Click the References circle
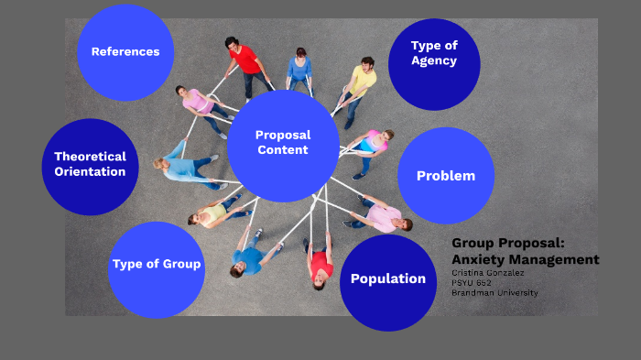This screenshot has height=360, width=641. pyautogui.click(x=125, y=51)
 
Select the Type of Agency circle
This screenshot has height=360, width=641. pyautogui.click(x=434, y=54)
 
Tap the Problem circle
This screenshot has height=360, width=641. pyautogui.click(x=446, y=176)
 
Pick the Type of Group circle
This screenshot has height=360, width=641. pyautogui.click(x=157, y=266)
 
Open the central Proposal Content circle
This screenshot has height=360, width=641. pyautogui.click(x=283, y=145)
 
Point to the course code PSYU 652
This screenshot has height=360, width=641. pyautogui.click(x=472, y=283)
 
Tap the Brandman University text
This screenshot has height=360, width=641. pyautogui.click(x=494, y=293)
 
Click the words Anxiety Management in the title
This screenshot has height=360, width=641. pyautogui.click(x=526, y=259)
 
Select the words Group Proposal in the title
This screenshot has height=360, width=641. pyautogui.click(x=509, y=244)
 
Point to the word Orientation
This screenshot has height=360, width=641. pyautogui.click(x=90, y=172)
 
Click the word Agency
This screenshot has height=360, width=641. pyautogui.click(x=434, y=61)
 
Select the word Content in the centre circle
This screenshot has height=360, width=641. pyautogui.click(x=283, y=150)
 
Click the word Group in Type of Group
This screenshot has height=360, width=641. pyautogui.click(x=181, y=266)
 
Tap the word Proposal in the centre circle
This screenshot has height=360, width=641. pyautogui.click(x=283, y=136)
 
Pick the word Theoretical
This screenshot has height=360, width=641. pyautogui.click(x=90, y=157)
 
